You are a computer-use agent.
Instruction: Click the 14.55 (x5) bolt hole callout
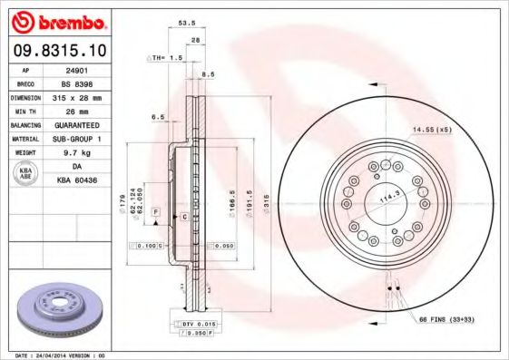click(x=432, y=131)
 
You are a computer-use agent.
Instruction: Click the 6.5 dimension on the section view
click(x=159, y=117)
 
